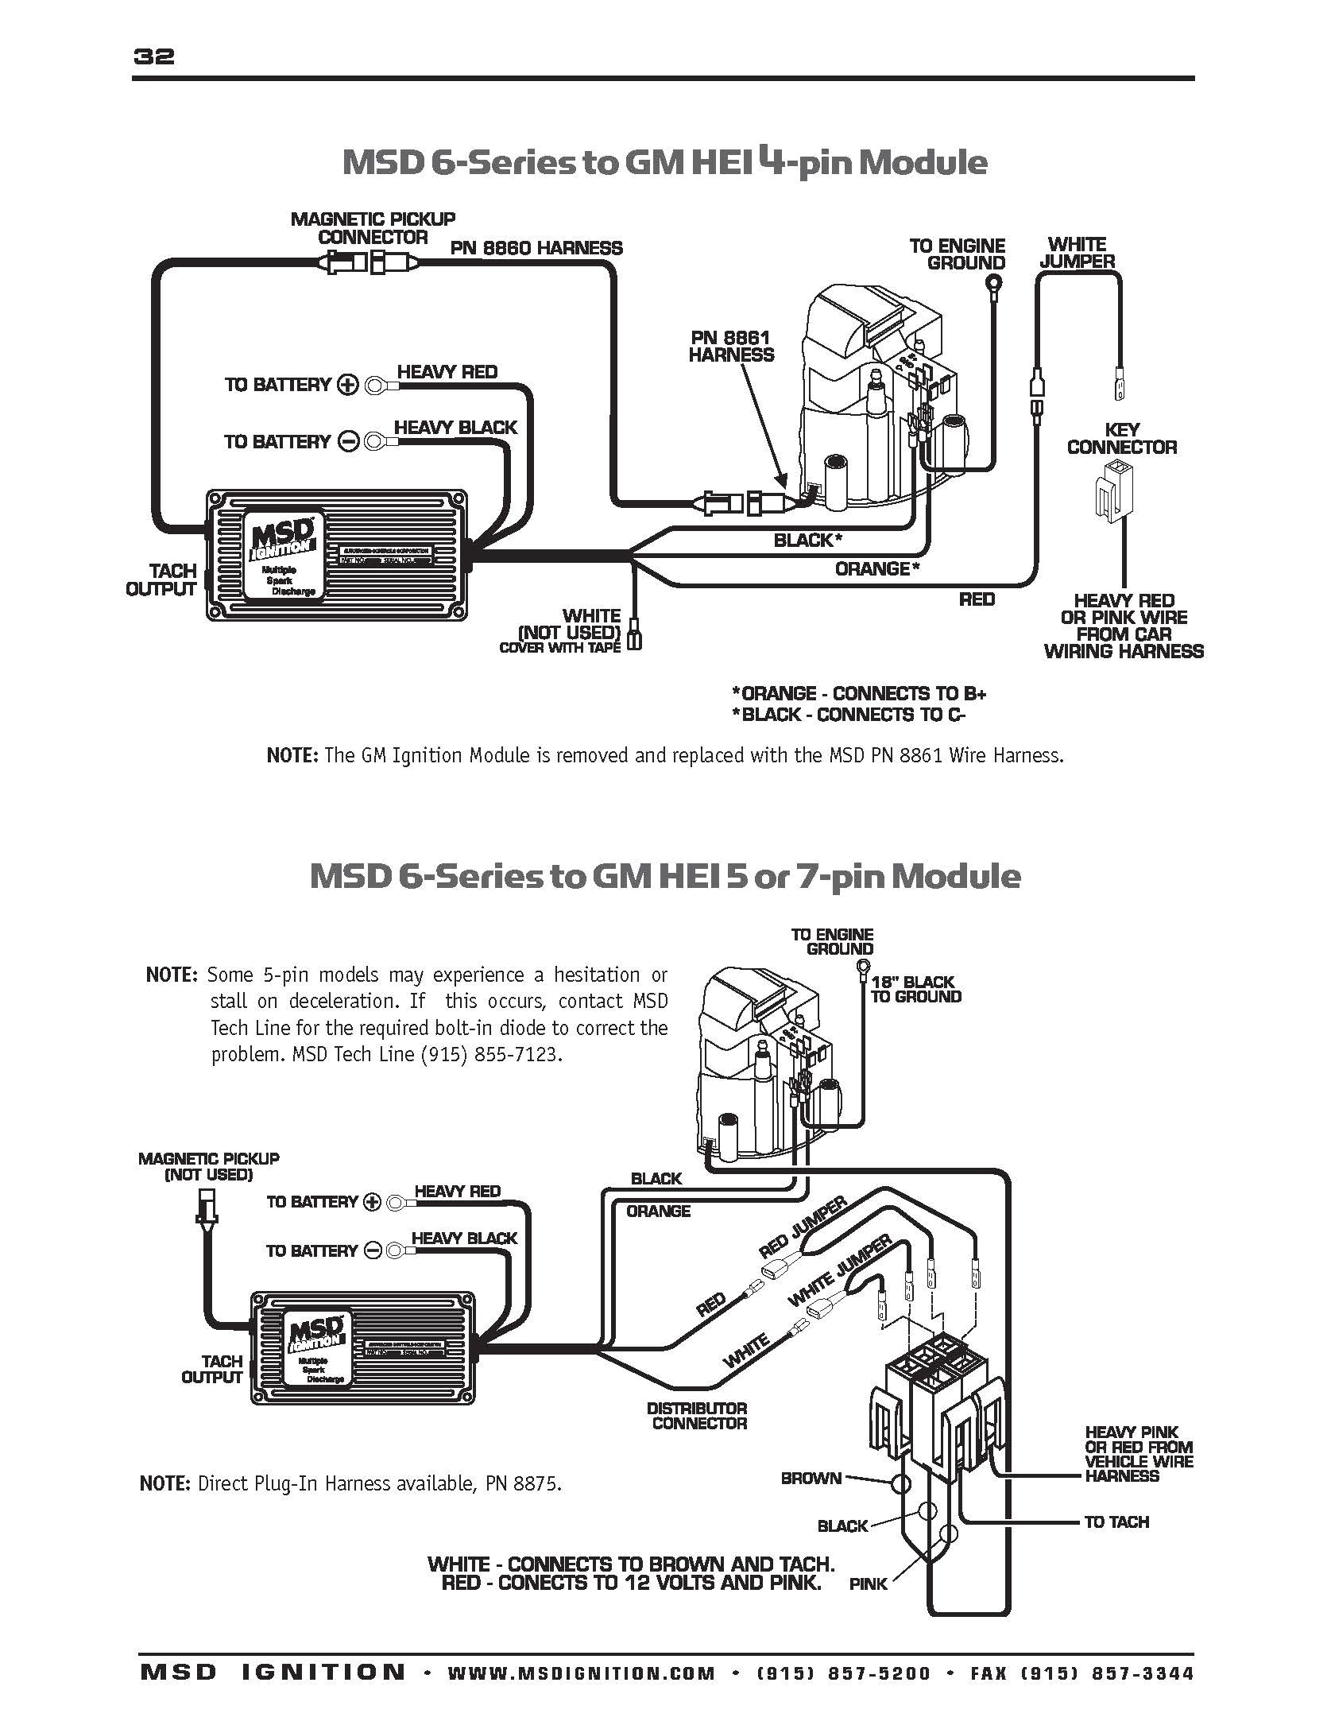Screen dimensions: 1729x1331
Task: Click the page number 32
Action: [x=154, y=56]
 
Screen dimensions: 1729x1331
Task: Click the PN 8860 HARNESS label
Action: [x=536, y=248]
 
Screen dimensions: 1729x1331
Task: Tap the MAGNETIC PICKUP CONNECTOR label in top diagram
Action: [x=373, y=227]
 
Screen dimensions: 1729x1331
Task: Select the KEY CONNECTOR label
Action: [x=1122, y=438]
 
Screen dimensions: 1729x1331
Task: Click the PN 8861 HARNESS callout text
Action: [x=731, y=347]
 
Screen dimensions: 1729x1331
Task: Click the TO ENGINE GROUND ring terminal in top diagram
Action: [x=992, y=283]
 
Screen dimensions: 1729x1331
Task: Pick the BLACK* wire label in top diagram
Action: [x=807, y=541]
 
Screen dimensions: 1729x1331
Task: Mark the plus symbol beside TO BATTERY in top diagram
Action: [x=348, y=385]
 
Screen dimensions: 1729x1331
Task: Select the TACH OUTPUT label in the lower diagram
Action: [x=211, y=1369]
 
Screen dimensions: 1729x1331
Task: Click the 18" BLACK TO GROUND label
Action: [x=915, y=989]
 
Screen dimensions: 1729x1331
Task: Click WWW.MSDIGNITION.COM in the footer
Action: [x=581, y=1673]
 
